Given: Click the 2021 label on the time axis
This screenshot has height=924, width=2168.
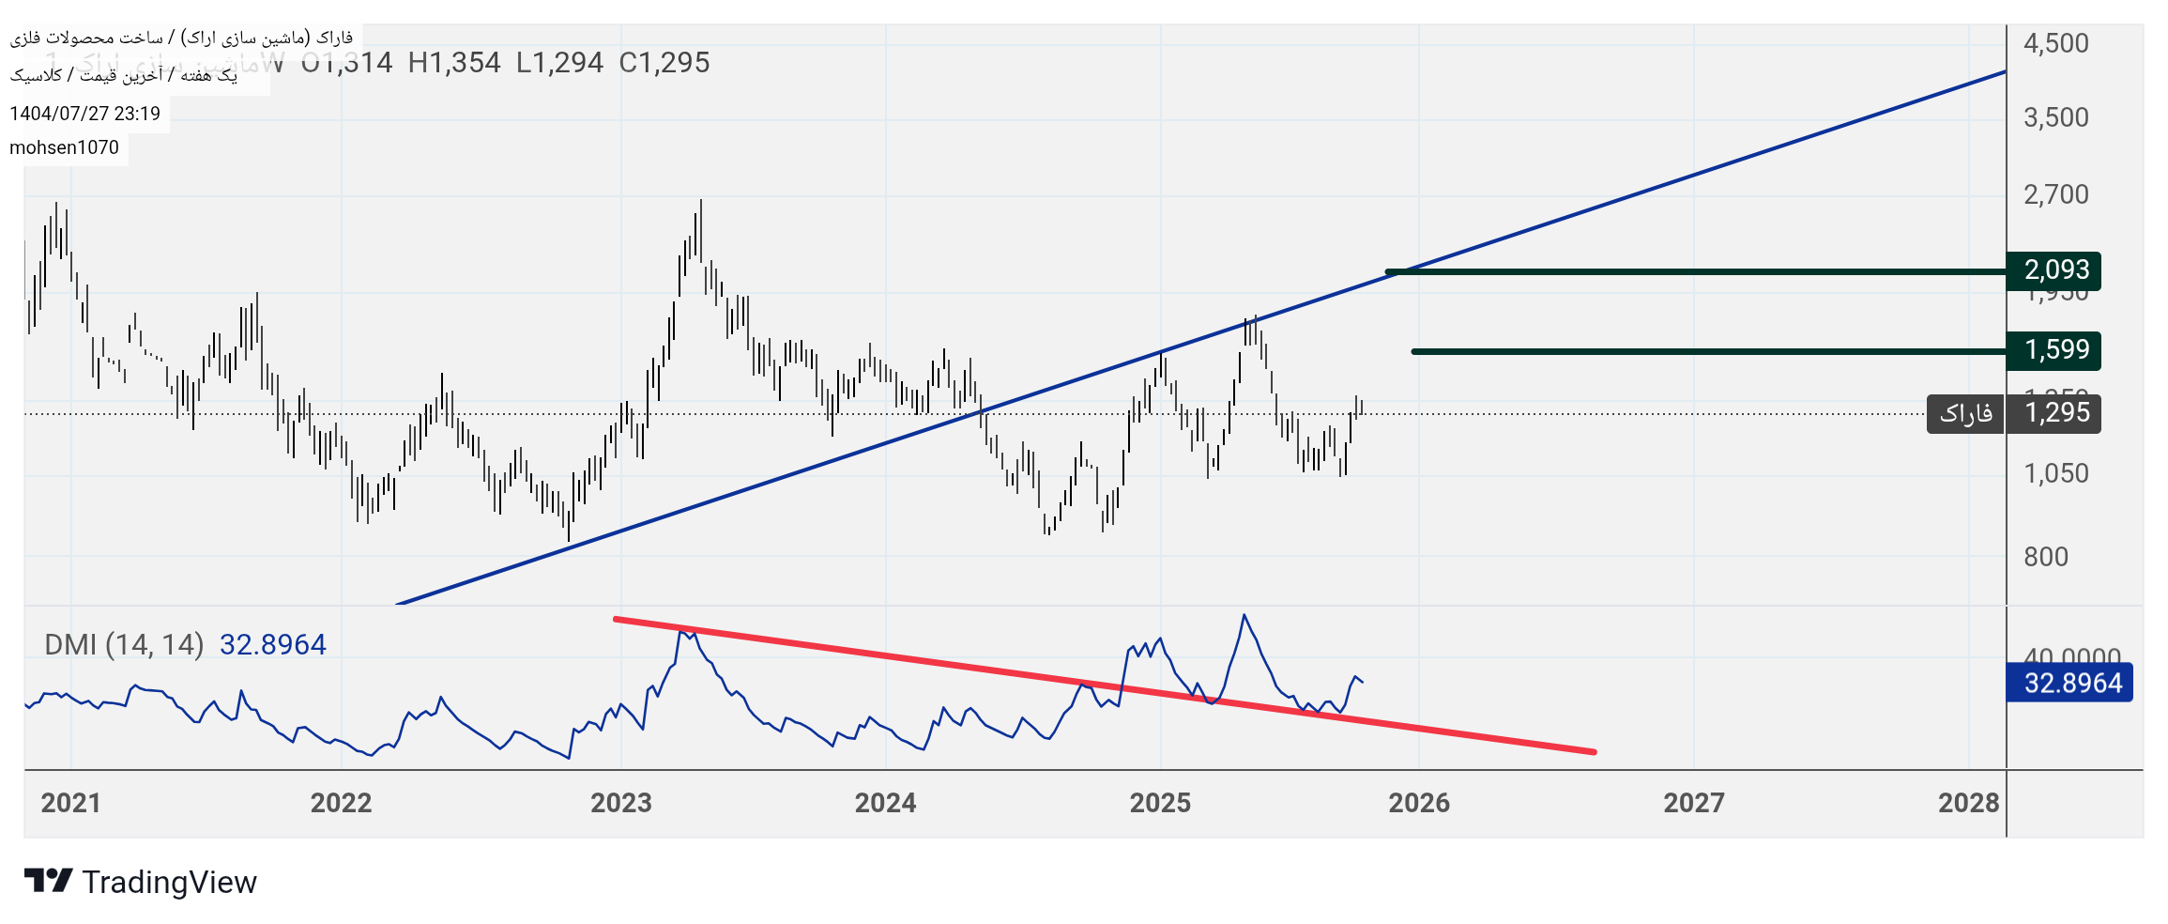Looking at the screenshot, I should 70,803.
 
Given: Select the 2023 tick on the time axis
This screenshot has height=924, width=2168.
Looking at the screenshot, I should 620,803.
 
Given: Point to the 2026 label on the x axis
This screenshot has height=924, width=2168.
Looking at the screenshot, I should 1418,803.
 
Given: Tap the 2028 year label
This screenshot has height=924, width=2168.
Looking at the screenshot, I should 1968,803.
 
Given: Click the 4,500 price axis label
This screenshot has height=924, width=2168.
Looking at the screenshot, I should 2055,43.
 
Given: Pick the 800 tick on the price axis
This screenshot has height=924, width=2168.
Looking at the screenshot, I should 2045,557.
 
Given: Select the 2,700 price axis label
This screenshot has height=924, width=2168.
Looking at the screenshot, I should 2055,194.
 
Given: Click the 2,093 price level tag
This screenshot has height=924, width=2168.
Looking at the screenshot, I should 2055,270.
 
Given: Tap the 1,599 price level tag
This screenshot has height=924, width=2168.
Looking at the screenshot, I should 2055,350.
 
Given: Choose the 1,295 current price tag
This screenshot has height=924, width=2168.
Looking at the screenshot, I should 2055,413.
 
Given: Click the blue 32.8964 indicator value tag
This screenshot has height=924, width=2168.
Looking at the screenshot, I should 2071,683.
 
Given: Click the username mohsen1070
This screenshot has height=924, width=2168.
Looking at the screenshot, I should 64,147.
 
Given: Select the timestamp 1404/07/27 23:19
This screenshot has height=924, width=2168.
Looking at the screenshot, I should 84,114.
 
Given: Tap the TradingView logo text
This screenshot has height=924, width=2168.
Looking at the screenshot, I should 169,883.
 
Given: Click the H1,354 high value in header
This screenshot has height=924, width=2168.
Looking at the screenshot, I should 454,63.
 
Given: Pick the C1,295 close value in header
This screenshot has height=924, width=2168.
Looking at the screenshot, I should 664,63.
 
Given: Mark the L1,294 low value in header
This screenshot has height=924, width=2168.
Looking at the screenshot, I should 559,63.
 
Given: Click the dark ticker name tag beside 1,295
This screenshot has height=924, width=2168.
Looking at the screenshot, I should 1965,413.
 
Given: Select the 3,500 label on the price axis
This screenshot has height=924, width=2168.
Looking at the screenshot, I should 2055,117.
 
